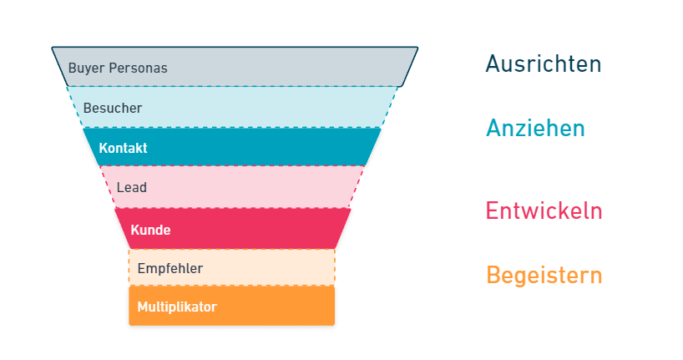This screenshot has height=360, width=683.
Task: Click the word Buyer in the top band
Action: [x=83, y=68]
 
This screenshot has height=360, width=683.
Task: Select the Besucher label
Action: [x=113, y=108]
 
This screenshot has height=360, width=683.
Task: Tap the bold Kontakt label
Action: [x=123, y=148]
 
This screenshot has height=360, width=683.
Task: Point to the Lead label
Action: [x=132, y=188]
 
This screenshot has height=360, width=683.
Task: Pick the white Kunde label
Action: [x=150, y=229]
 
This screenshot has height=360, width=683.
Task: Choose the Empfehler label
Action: [x=169, y=268]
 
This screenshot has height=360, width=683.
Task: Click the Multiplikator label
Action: [x=176, y=307]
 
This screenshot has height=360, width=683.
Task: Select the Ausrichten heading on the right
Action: [x=544, y=64]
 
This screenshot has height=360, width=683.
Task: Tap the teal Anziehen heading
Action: [x=535, y=129]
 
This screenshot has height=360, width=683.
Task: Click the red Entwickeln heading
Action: [x=544, y=210]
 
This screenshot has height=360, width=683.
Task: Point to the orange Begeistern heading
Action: [x=544, y=275]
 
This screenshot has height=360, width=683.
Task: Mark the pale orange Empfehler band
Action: [x=267, y=268]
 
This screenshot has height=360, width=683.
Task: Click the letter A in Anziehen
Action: [x=494, y=129]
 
